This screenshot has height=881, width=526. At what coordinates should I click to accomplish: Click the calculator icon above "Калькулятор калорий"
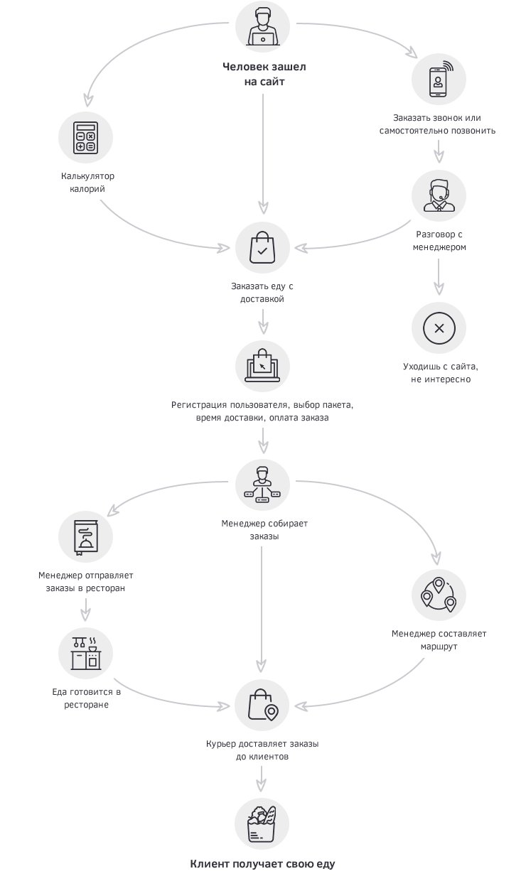(85, 137)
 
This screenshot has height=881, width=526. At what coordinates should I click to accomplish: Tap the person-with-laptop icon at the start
(263, 28)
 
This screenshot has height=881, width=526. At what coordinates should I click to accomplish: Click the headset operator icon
(439, 195)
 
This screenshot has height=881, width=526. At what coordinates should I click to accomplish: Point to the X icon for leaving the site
(439, 328)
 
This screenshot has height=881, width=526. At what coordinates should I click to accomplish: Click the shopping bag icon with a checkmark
(262, 247)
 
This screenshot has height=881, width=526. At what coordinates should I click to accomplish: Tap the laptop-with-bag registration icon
(262, 366)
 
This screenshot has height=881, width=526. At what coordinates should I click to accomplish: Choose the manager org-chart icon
(262, 485)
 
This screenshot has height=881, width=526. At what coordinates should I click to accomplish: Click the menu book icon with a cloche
(86, 537)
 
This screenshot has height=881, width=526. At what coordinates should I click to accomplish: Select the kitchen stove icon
(86, 653)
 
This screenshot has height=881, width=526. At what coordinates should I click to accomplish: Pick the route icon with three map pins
(439, 595)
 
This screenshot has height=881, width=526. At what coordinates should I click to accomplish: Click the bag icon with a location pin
(263, 706)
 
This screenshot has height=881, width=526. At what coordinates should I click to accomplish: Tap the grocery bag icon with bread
(262, 824)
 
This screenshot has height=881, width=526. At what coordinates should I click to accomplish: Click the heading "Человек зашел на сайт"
(264, 74)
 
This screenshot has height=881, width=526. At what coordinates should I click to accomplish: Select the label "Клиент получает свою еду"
(262, 864)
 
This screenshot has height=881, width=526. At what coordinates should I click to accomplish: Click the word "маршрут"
(439, 647)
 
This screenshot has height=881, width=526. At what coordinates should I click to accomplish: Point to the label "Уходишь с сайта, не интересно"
(441, 373)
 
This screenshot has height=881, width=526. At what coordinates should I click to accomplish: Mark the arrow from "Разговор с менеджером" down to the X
(439, 277)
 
